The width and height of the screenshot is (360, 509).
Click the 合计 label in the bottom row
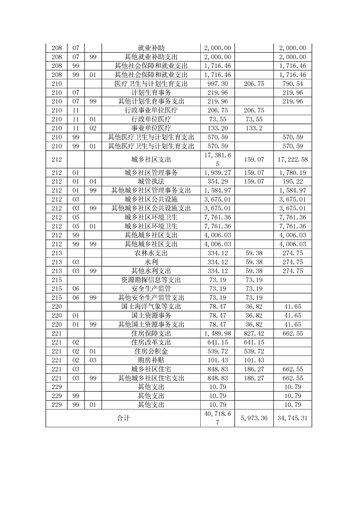(123, 418)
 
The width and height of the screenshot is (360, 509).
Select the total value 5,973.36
(254, 418)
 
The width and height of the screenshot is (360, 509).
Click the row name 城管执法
(151, 181)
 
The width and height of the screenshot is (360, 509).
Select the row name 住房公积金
(151, 351)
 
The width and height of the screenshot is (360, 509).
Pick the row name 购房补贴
(151, 360)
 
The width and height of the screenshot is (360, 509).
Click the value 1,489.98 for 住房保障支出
(218, 334)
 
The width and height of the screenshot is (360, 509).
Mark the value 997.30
(218, 83)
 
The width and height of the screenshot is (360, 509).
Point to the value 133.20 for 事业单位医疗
(218, 128)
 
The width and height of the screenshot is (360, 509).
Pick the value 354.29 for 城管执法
(218, 181)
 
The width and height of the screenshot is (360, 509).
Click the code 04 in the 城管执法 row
(93, 181)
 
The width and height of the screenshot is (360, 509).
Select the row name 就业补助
(151, 48)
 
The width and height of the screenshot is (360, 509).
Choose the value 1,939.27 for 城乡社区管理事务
(218, 172)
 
